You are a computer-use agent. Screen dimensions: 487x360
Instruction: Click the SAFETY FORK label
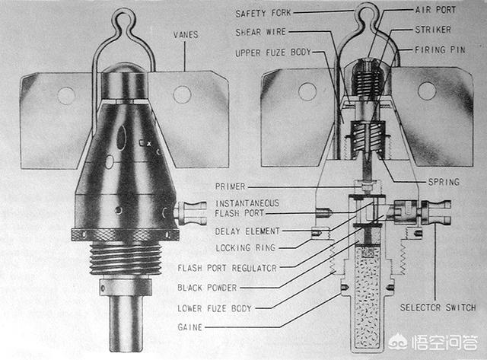(263, 14)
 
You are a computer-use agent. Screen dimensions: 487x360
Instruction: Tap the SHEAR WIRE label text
(260, 32)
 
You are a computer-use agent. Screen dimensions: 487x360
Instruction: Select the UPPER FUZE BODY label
(273, 53)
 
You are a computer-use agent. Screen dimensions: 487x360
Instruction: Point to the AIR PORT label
(435, 10)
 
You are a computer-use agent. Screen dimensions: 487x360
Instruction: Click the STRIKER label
(433, 30)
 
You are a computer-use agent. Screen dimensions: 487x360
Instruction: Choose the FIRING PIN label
(440, 49)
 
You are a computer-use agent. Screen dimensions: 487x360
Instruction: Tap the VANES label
(186, 34)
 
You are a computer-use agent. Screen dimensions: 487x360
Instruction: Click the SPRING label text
(444, 182)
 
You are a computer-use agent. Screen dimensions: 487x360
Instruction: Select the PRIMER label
(230, 186)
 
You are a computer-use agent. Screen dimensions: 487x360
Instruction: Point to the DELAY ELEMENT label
(247, 231)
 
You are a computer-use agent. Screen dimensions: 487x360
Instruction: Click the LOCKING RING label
(246, 248)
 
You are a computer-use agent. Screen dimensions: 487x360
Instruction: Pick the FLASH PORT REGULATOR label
(227, 268)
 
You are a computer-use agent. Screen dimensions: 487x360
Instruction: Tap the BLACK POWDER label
(207, 288)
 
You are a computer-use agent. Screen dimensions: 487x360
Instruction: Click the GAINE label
(189, 327)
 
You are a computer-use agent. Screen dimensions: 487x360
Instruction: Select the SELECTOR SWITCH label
(438, 307)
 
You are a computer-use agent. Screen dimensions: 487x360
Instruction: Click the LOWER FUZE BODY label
(215, 308)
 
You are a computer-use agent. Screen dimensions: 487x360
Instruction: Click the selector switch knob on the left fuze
(192, 213)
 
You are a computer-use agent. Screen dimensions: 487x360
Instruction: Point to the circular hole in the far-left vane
(66, 96)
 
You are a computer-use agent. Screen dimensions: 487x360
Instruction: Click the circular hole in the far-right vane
(427, 91)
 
